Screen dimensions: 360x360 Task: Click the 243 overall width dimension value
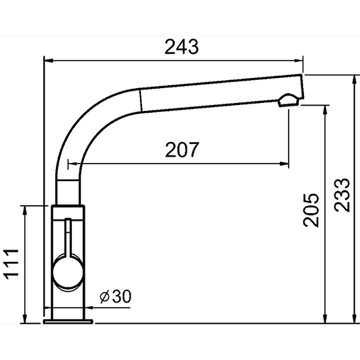tap(182, 46)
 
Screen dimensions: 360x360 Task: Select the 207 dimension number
tap(182, 151)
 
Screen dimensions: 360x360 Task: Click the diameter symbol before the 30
tap(104, 297)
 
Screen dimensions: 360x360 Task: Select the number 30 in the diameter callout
tap(122, 297)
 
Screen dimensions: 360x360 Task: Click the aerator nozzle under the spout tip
tap(287, 102)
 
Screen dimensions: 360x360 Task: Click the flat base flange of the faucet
tap(67, 321)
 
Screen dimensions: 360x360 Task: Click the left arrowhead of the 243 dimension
tap(48, 61)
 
